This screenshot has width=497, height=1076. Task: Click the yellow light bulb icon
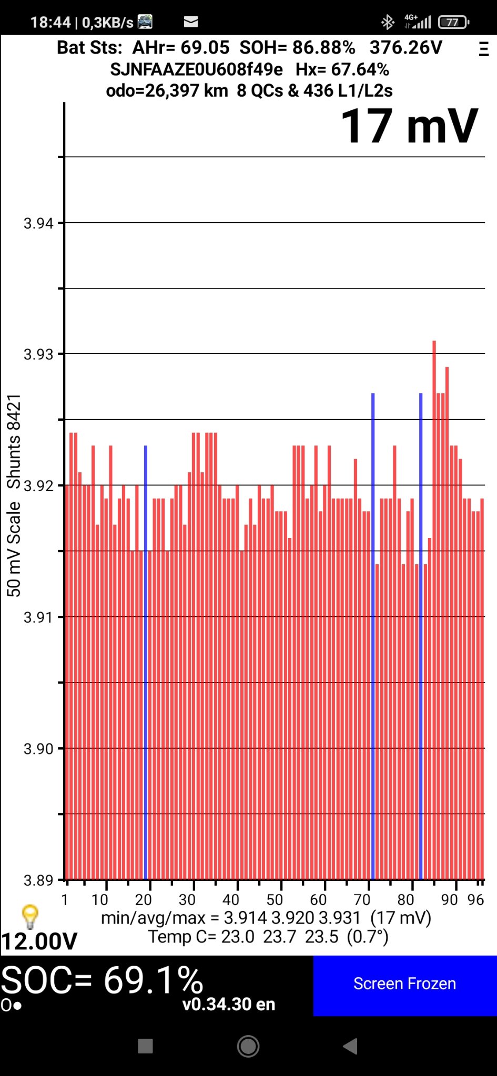coord(30,916)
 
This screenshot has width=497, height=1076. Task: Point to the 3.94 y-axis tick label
coord(38,223)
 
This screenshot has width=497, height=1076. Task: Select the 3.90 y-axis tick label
coord(38,749)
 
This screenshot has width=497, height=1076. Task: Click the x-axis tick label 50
coord(275,900)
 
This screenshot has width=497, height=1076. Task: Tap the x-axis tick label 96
coord(475,900)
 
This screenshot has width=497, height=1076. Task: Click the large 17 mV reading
coord(409,127)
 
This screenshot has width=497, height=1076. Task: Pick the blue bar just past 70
coord(373,630)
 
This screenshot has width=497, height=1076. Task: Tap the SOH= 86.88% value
coord(298,48)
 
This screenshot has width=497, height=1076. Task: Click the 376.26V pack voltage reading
coord(406,48)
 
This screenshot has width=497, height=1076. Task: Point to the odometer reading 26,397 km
coord(167,91)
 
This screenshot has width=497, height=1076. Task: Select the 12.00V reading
coord(39,941)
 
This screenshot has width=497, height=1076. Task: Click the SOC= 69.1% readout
coord(102,980)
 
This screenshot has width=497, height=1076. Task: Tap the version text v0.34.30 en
coord(229,1004)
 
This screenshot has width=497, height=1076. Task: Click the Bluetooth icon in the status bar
coord(388,22)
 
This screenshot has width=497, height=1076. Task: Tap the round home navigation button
coord(248,1046)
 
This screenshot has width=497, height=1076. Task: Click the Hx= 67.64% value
coord(342,69)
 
